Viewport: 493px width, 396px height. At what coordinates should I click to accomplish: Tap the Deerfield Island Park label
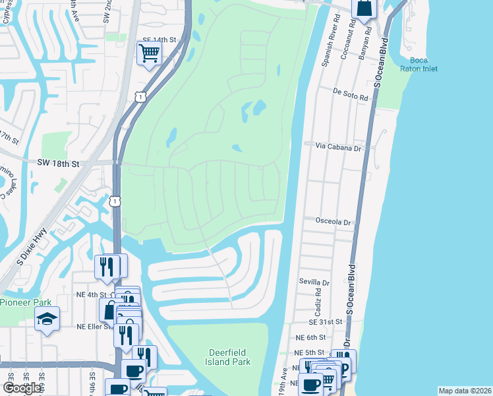pos(229,357)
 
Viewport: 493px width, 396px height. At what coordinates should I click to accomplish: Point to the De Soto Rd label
pos(350,94)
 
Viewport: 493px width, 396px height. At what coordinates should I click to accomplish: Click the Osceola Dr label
pos(333,222)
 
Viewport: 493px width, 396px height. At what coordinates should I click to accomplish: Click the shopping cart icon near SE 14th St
pos(150,52)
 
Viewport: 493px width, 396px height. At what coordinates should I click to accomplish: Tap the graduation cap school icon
pos(47,319)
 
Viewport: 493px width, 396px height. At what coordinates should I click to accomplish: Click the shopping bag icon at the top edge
pos(363,9)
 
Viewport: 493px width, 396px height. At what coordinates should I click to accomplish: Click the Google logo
pos(22,388)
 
